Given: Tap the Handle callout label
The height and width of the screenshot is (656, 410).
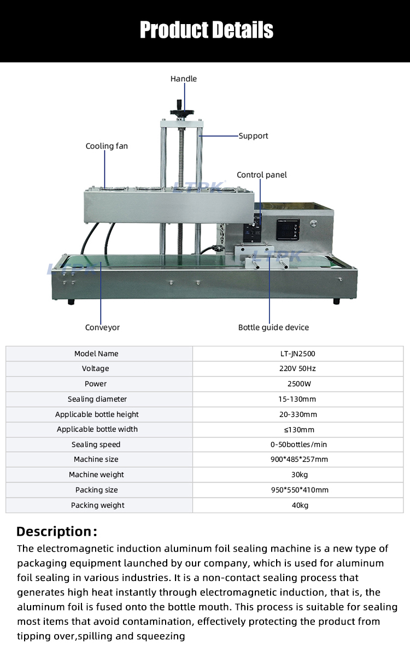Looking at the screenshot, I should click(x=183, y=79).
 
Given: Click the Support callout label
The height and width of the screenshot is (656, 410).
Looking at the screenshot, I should click(x=253, y=136).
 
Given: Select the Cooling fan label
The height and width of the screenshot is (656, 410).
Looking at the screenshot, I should click(x=107, y=146).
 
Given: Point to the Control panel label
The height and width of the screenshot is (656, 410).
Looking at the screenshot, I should click(x=261, y=175).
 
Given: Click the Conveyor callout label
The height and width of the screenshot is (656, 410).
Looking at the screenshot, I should click(x=102, y=327).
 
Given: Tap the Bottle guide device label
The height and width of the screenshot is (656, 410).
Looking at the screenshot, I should click(x=273, y=327).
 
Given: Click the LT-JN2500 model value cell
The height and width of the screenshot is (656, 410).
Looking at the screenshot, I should click(x=297, y=354).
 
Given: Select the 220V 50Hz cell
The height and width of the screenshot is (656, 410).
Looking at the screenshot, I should click(x=297, y=369).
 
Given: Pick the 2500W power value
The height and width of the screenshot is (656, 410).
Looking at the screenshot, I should click(x=297, y=384).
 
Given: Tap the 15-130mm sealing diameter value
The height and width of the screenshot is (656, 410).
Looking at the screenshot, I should click(x=297, y=399).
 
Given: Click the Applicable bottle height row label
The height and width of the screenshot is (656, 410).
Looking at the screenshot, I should click(x=97, y=414).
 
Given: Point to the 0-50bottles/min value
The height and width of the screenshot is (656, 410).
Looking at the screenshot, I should click(x=297, y=444).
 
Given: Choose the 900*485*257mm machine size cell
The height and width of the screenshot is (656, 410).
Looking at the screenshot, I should click(x=297, y=460).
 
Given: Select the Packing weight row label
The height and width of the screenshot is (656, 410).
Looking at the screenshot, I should click(x=97, y=505).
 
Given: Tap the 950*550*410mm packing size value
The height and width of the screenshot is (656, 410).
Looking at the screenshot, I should click(x=297, y=490).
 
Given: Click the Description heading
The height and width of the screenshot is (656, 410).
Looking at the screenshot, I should click(x=57, y=531).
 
